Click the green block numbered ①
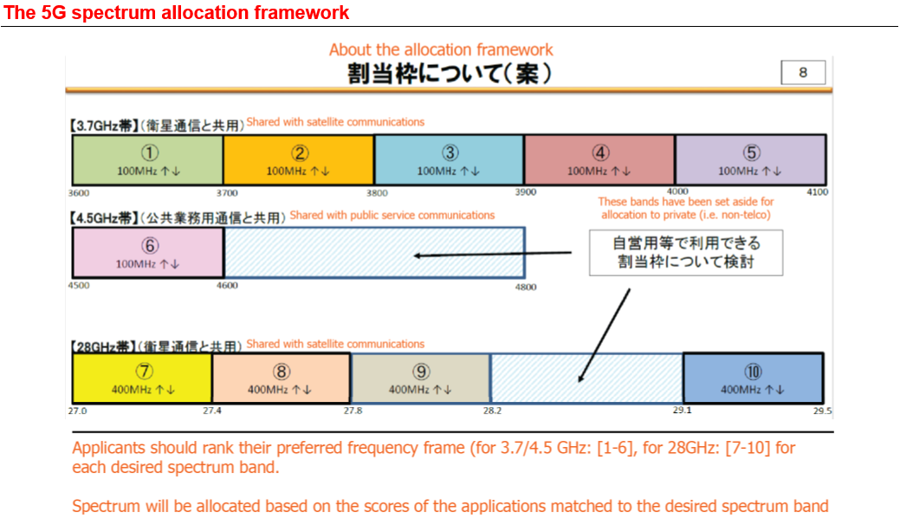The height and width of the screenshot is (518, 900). coord(148,160)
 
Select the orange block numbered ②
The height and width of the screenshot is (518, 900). coord(299,160)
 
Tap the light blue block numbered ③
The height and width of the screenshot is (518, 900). coord(449,160)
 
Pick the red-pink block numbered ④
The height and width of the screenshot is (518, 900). coord(599,160)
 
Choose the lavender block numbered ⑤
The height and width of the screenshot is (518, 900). coord(750,160)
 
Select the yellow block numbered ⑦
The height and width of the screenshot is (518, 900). coord(142,379)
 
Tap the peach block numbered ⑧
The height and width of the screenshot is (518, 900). coord(281,379)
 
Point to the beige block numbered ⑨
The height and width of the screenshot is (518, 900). coord(420,379)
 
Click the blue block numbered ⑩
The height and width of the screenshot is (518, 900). coord(753,379)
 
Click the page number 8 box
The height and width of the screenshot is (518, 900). coord(802,73)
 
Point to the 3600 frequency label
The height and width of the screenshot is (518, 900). coord(79,192)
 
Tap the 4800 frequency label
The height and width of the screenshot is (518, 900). coord(525,287)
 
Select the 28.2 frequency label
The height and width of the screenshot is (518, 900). coord(492,411)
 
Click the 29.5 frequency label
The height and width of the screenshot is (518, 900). coord(822,411)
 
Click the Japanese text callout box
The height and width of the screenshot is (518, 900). coord(685,252)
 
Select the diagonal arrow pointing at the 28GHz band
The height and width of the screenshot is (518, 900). coord(604,335)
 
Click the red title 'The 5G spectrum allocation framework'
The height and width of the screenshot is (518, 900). coord(177,13)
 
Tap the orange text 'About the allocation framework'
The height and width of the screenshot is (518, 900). coord(441,49)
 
